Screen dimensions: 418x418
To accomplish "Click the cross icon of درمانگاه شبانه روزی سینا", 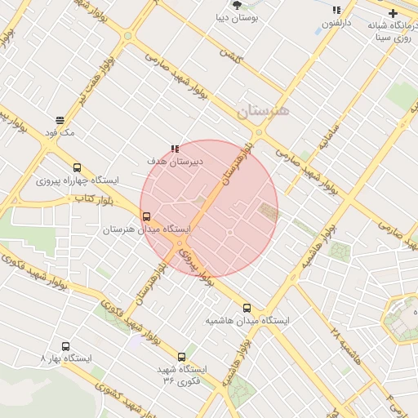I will [394, 14].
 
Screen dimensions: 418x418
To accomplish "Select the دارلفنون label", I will [336, 24].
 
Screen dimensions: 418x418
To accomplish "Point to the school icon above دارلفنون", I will [336, 11].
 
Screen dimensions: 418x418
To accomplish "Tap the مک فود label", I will [60, 132].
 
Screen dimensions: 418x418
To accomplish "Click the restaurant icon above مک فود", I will [60, 120].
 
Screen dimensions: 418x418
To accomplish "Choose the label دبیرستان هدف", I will [175, 161].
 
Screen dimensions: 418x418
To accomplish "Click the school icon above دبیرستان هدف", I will [175, 149].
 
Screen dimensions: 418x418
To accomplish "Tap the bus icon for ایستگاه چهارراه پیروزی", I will [78, 167].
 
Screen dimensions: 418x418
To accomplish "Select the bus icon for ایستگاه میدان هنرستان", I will [147, 217].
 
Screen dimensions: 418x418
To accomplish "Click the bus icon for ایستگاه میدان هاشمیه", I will [247, 309].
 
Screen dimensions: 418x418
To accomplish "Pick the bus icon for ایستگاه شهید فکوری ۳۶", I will [181, 357].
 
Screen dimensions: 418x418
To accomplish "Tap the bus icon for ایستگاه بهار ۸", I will [66, 346].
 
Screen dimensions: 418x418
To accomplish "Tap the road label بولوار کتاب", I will [93, 199].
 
